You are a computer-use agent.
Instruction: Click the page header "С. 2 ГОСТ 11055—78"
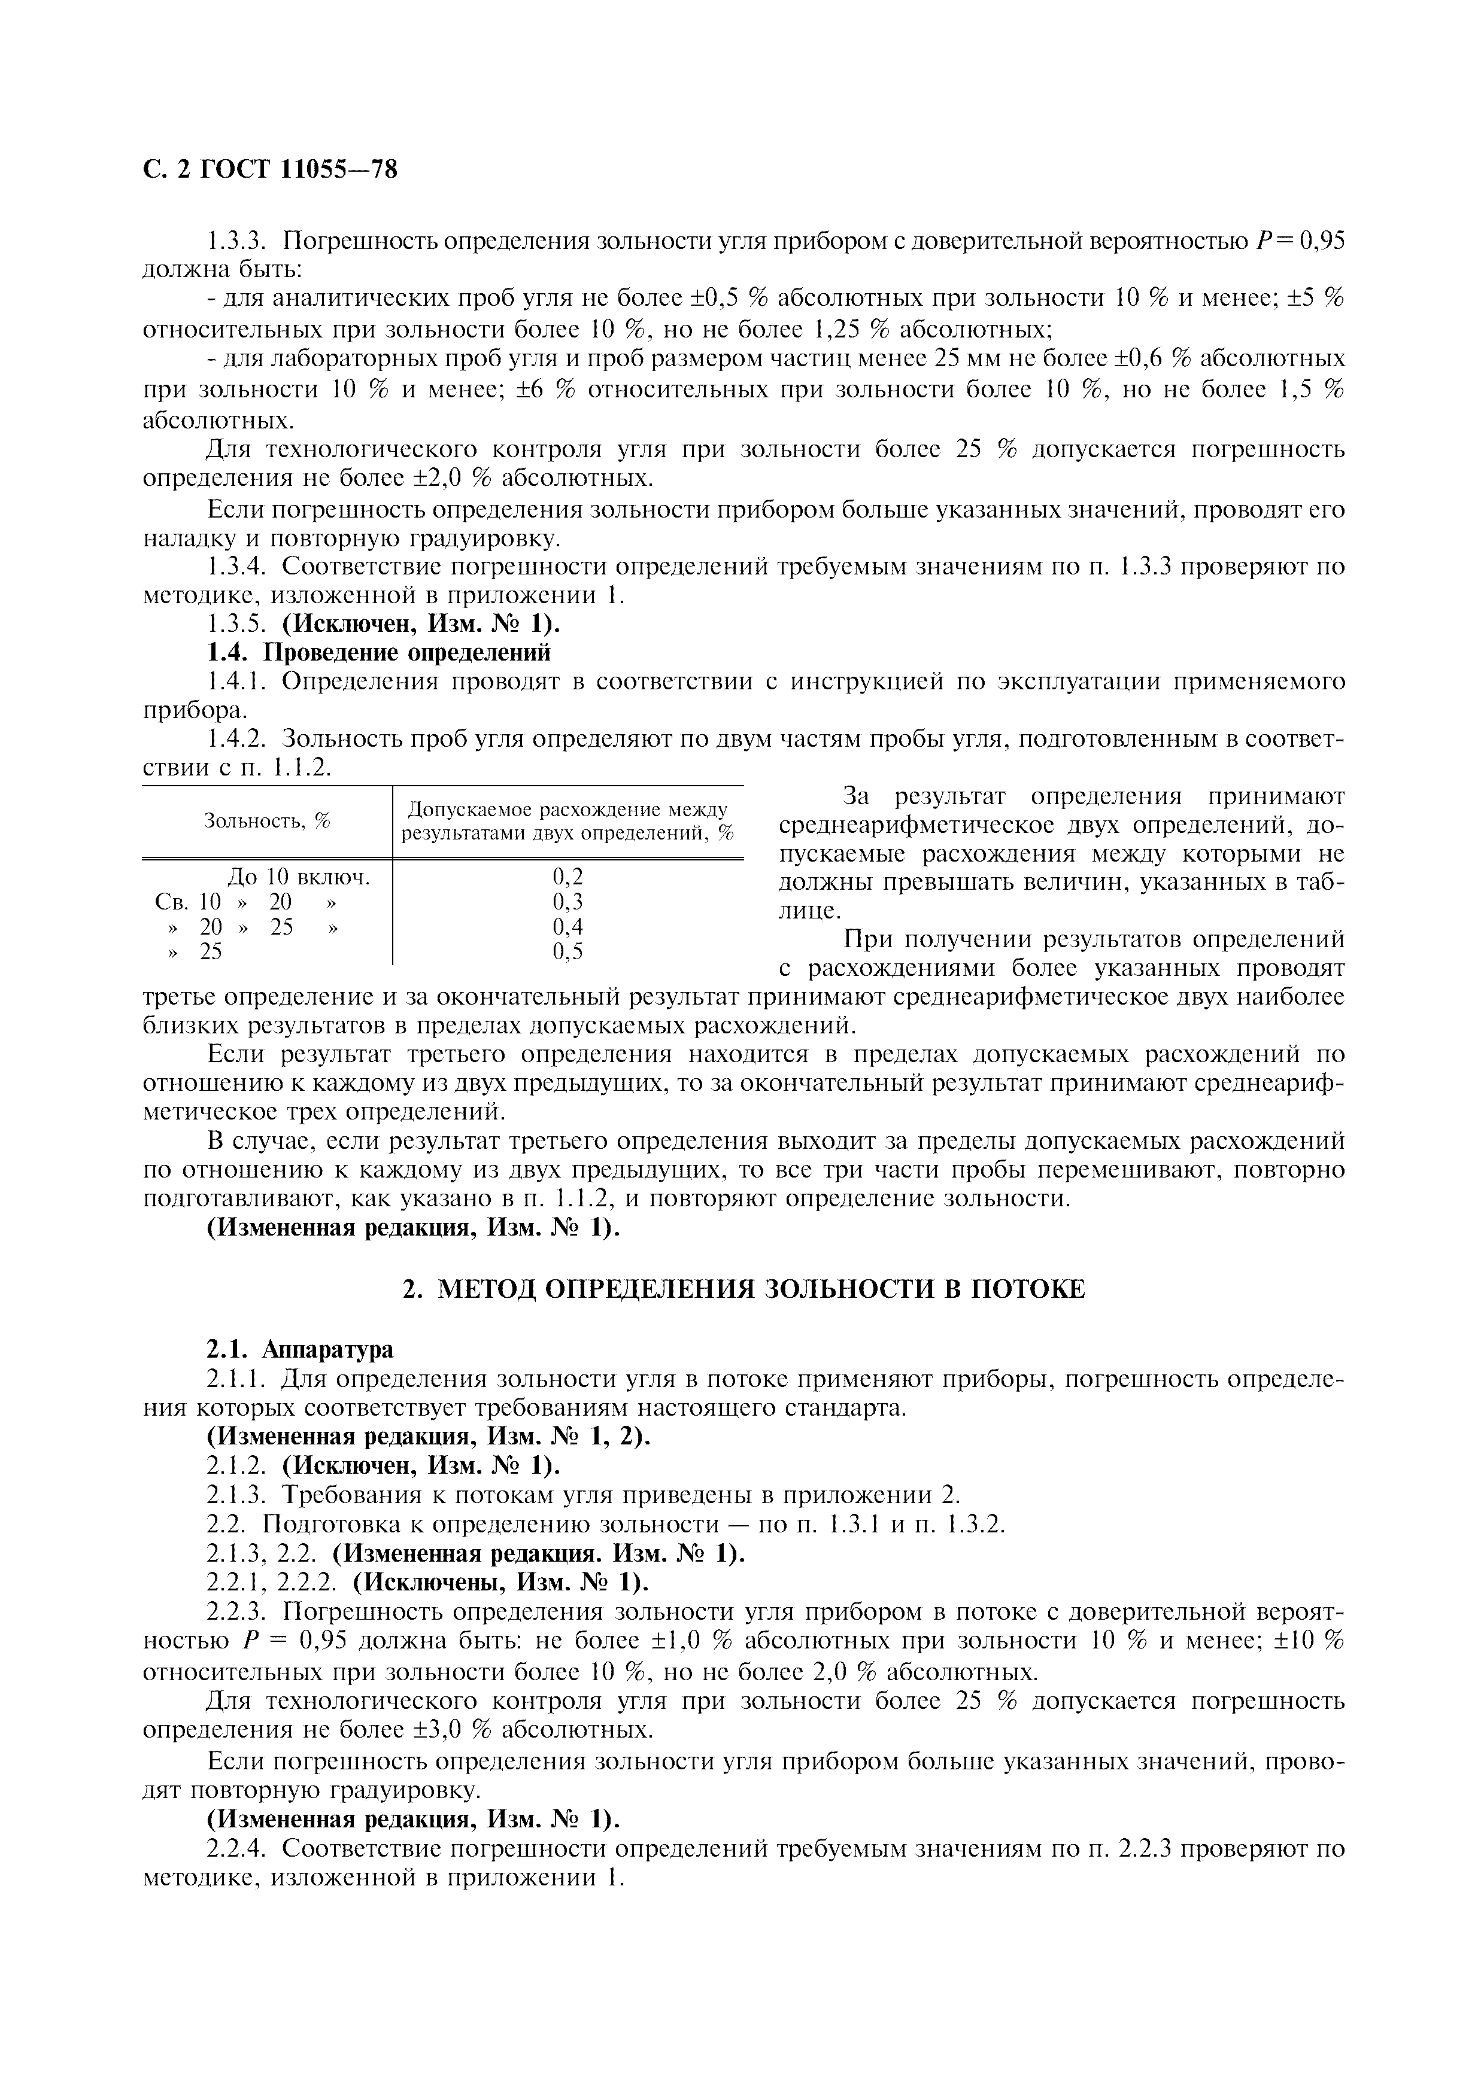270,169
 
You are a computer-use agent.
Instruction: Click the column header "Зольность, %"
266,820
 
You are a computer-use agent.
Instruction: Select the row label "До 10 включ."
298,877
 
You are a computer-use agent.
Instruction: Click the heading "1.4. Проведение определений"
378,653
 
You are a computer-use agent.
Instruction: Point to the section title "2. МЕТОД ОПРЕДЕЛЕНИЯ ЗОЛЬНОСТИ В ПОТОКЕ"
743,1289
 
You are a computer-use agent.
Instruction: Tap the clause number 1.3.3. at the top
236,241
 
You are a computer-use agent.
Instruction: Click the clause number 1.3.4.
236,567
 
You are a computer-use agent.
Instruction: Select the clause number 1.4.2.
236,739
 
